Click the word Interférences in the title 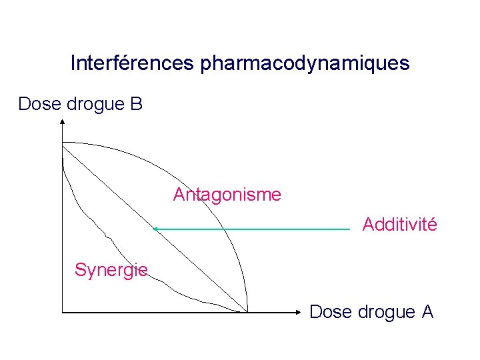[131, 64]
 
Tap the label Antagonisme [227, 195]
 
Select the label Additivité [399, 225]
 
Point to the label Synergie [111, 270]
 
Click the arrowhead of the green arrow [156, 229]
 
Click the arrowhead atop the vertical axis [61, 122]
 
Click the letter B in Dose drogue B [136, 104]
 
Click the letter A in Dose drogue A [427, 311]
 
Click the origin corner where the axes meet [61, 311]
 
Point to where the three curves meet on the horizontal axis [247, 311]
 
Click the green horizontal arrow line [253, 229]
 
